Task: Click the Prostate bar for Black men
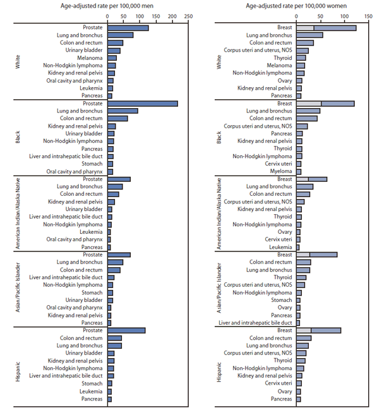click(x=142, y=103)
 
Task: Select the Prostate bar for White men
click(x=128, y=28)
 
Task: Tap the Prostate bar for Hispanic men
click(x=126, y=330)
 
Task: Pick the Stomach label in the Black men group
click(x=93, y=164)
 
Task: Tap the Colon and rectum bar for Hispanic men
click(x=114, y=338)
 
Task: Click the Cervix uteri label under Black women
click(x=277, y=164)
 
